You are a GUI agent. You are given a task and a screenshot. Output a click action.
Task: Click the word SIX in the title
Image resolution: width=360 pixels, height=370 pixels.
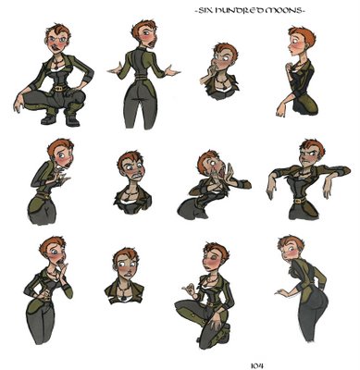[x=205, y=11]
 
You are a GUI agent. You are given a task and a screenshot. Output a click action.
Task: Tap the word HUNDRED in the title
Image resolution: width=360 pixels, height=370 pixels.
[x=238, y=11]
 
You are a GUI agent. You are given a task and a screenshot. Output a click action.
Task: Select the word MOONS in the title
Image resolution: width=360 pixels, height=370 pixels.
[x=282, y=11]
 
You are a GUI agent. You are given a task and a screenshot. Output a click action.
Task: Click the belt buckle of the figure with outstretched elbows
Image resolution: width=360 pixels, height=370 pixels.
[x=298, y=202]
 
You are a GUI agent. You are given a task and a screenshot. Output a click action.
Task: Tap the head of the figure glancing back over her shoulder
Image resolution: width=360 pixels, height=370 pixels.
[x=290, y=248]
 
